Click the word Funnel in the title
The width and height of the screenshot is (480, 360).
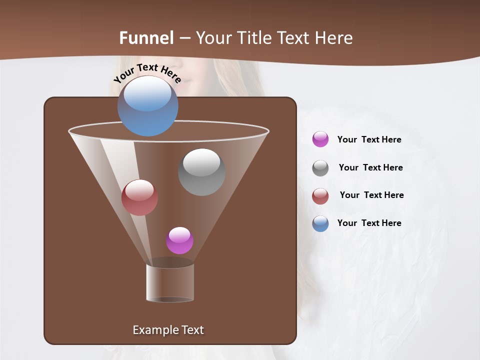tap(146, 37)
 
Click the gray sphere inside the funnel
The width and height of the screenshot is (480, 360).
tap(201, 172)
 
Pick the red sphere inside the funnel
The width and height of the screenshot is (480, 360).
tap(139, 197)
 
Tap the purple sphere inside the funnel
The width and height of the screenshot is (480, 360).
tap(179, 240)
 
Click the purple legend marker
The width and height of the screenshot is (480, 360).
tap(320, 139)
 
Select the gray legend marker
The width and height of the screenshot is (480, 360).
tap(320, 168)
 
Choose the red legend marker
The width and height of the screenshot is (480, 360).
tap(320, 196)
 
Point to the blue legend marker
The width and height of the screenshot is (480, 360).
tap(320, 223)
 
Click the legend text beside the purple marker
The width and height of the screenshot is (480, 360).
tap(369, 139)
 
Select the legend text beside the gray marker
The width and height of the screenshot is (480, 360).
tap(370, 167)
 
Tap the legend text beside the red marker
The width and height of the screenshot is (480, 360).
tap(371, 195)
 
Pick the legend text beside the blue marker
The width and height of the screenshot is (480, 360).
tap(369, 223)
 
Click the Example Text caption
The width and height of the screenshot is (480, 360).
tap(168, 330)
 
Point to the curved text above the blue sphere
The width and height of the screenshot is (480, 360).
tap(147, 72)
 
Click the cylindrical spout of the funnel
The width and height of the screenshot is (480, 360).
tap(170, 282)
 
